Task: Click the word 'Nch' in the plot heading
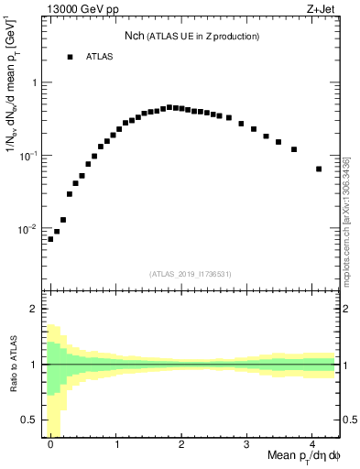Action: (x=136, y=36)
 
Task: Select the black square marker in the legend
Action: (x=70, y=57)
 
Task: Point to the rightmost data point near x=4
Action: (x=319, y=169)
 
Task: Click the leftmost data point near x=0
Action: (x=50, y=239)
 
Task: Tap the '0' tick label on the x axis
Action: (x=51, y=445)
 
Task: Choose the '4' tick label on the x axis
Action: (x=312, y=445)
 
